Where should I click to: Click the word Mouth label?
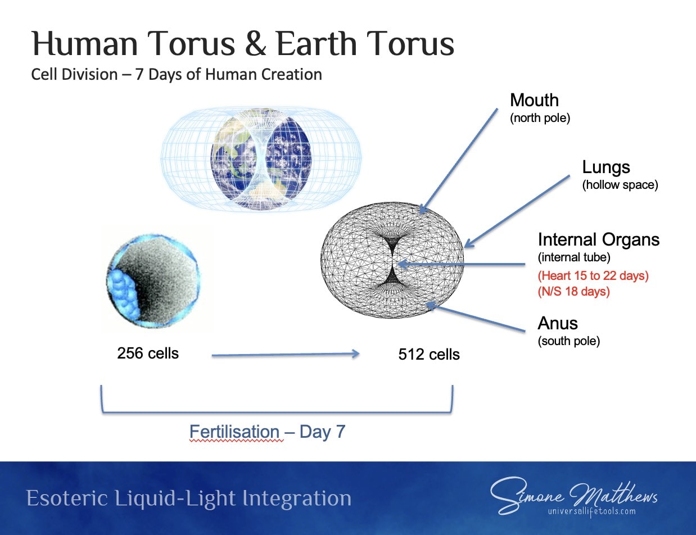coord(534,100)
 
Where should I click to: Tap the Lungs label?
coord(606,167)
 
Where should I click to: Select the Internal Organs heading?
coord(599,239)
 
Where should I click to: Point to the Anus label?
coord(558,323)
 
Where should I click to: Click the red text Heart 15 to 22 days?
coord(593,276)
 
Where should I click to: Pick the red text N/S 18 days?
coord(573,292)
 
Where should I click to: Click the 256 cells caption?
coord(148,353)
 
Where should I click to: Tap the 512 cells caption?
coord(429,355)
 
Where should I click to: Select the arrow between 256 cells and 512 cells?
coord(286,355)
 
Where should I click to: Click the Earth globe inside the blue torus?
coord(261,159)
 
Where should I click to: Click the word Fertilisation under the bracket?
coord(234,432)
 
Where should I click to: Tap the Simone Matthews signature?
coord(573,495)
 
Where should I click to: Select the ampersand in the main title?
coord(255,44)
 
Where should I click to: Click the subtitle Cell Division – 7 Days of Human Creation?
coord(177,75)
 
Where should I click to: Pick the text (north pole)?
coord(540,118)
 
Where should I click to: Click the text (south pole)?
coord(569,341)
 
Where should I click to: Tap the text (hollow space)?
coord(620,185)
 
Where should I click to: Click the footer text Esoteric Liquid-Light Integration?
coord(189,498)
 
